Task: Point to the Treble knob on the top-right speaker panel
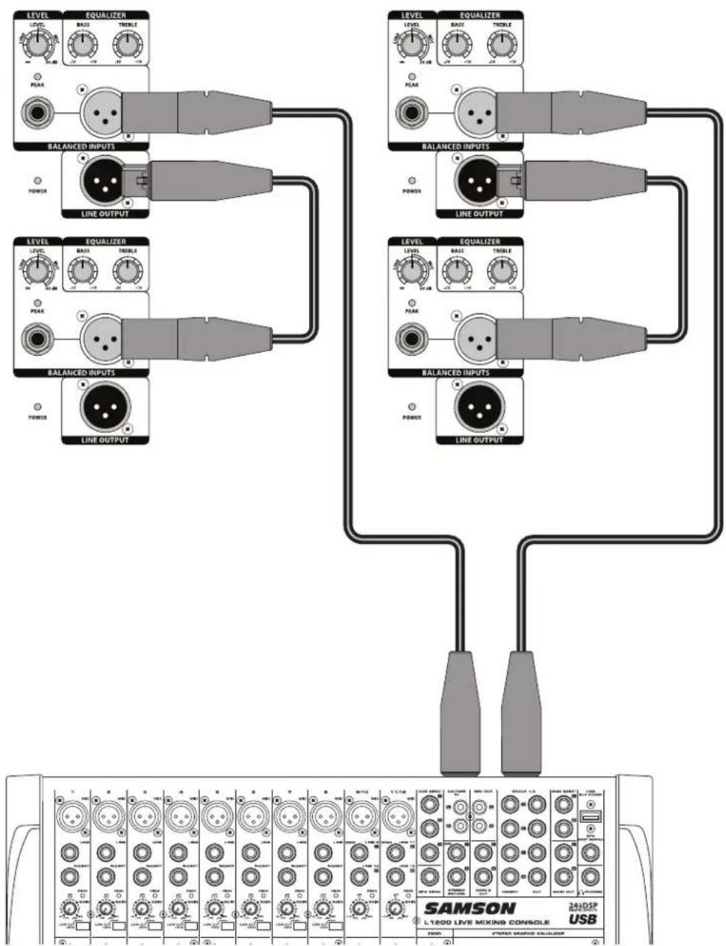point(502,46)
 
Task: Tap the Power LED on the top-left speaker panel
point(38,180)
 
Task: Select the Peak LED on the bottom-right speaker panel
point(412,303)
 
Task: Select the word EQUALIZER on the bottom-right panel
point(480,241)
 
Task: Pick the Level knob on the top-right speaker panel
point(411,46)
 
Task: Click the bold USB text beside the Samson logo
point(583,919)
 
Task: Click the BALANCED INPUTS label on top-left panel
point(81,146)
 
